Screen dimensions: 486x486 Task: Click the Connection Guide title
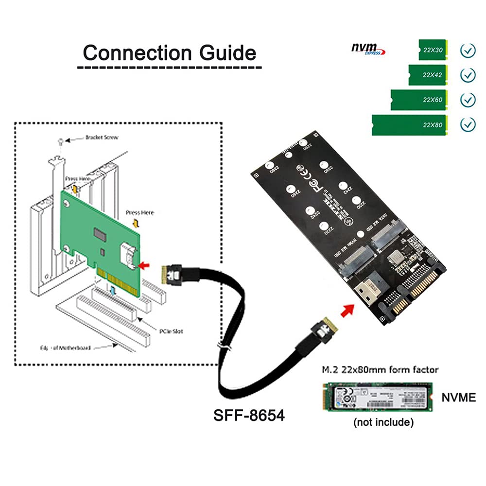pyautogui.click(x=169, y=52)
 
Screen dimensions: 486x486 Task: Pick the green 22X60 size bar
pyautogui.click(x=423, y=100)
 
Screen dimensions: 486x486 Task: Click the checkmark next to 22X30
pyautogui.click(x=468, y=50)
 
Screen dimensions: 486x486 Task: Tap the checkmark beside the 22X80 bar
pyautogui.click(x=468, y=125)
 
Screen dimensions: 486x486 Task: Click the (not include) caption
pyautogui.click(x=383, y=422)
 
